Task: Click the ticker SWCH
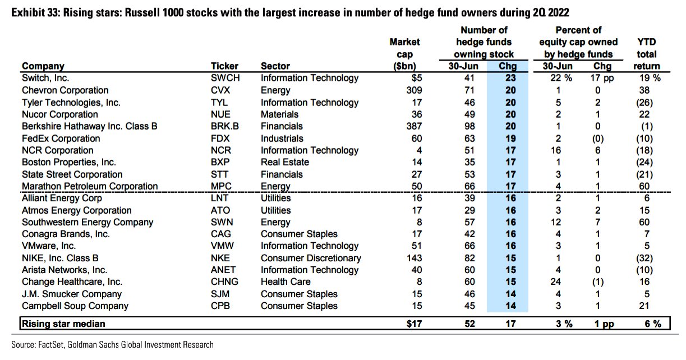click(x=225, y=79)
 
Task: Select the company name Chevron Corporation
click(x=65, y=90)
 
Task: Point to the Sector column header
click(x=275, y=66)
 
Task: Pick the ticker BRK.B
click(x=224, y=126)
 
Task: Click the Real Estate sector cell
click(x=285, y=162)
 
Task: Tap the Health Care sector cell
click(x=286, y=282)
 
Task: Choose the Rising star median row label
click(x=64, y=324)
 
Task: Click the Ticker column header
click(x=224, y=66)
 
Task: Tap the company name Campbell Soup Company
click(x=75, y=306)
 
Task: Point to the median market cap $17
click(x=412, y=324)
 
